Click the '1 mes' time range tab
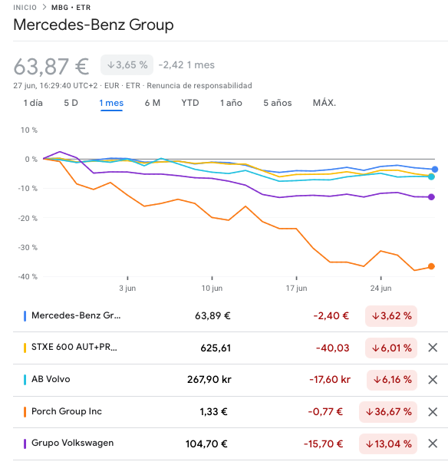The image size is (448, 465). pos(111,103)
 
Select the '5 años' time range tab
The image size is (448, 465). pos(277,103)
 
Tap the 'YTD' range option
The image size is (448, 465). pos(190,103)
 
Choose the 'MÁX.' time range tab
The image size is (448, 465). pos(324,103)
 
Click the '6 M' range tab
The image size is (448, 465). pos(152,103)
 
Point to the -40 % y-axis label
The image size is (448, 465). pos(28,276)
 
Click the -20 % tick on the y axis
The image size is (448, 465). pos(28,218)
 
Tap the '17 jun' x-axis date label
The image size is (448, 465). pos(296,289)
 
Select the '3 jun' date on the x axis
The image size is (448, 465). pos(127,289)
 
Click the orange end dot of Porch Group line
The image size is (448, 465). pos(432,266)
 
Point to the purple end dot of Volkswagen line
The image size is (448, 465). pos(432,197)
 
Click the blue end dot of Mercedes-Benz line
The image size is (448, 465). pos(435,169)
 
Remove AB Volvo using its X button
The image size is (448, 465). pos(433,379)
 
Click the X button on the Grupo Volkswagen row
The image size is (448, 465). pos(433,444)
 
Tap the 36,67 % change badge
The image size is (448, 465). pos(388,411)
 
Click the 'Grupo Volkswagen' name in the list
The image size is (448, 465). pos(72,444)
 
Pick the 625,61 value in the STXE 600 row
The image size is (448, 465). pos(216,348)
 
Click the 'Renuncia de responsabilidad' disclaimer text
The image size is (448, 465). pos(199,85)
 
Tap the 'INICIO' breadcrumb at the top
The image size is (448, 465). pos(25,7)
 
